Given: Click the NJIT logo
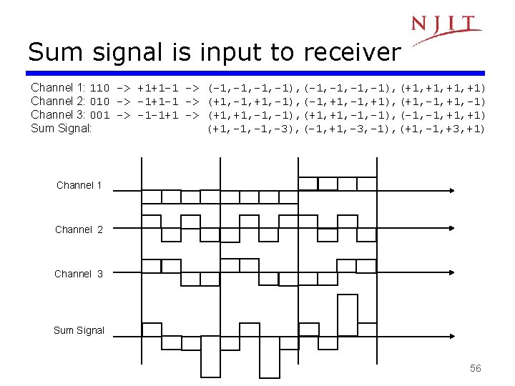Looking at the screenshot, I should (x=445, y=27).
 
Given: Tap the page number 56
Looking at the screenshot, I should (x=476, y=368).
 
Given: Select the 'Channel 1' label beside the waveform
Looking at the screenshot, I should (x=79, y=186).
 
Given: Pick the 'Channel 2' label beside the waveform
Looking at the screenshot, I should (x=79, y=229).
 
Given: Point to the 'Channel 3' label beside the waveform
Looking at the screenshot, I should (x=79, y=274).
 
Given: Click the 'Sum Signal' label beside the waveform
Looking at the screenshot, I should (x=79, y=330).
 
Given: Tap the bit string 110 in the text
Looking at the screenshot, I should (x=99, y=88).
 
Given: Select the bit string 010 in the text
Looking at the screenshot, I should (x=99, y=102).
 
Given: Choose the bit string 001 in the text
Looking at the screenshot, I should (x=99, y=115).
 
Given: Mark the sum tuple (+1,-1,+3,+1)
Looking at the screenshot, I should (x=443, y=129).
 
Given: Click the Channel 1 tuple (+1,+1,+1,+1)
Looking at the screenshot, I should (x=443, y=88).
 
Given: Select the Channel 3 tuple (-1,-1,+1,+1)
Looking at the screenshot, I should (x=443, y=115).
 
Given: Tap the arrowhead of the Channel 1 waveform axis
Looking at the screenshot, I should (x=452, y=191).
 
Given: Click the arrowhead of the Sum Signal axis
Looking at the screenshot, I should (x=452, y=337).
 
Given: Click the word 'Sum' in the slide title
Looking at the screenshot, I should (x=55, y=52).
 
